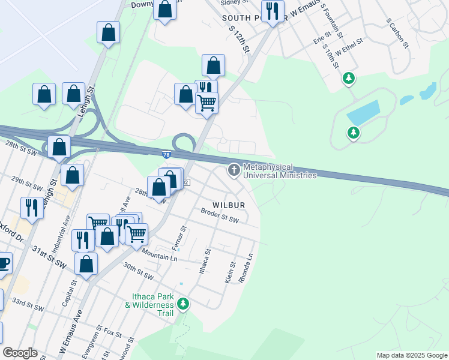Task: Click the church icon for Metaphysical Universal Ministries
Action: (234, 171)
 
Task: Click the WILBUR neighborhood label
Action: (228, 205)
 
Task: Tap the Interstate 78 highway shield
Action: (166, 155)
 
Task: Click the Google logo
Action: (20, 353)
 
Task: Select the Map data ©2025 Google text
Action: (411, 355)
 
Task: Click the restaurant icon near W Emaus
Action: (273, 10)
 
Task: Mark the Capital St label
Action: (71, 291)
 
